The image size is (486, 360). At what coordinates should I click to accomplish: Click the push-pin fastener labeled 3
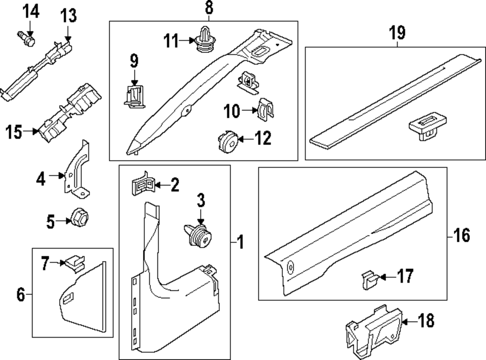[x=199, y=235]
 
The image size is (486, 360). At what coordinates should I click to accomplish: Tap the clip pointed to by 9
[x=133, y=94]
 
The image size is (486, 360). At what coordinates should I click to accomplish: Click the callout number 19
[x=397, y=34]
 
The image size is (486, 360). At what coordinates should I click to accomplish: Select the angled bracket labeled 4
[x=77, y=170]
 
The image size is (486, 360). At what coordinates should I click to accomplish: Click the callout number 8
[x=208, y=8]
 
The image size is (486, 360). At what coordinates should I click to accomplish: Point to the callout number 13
[x=68, y=16]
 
